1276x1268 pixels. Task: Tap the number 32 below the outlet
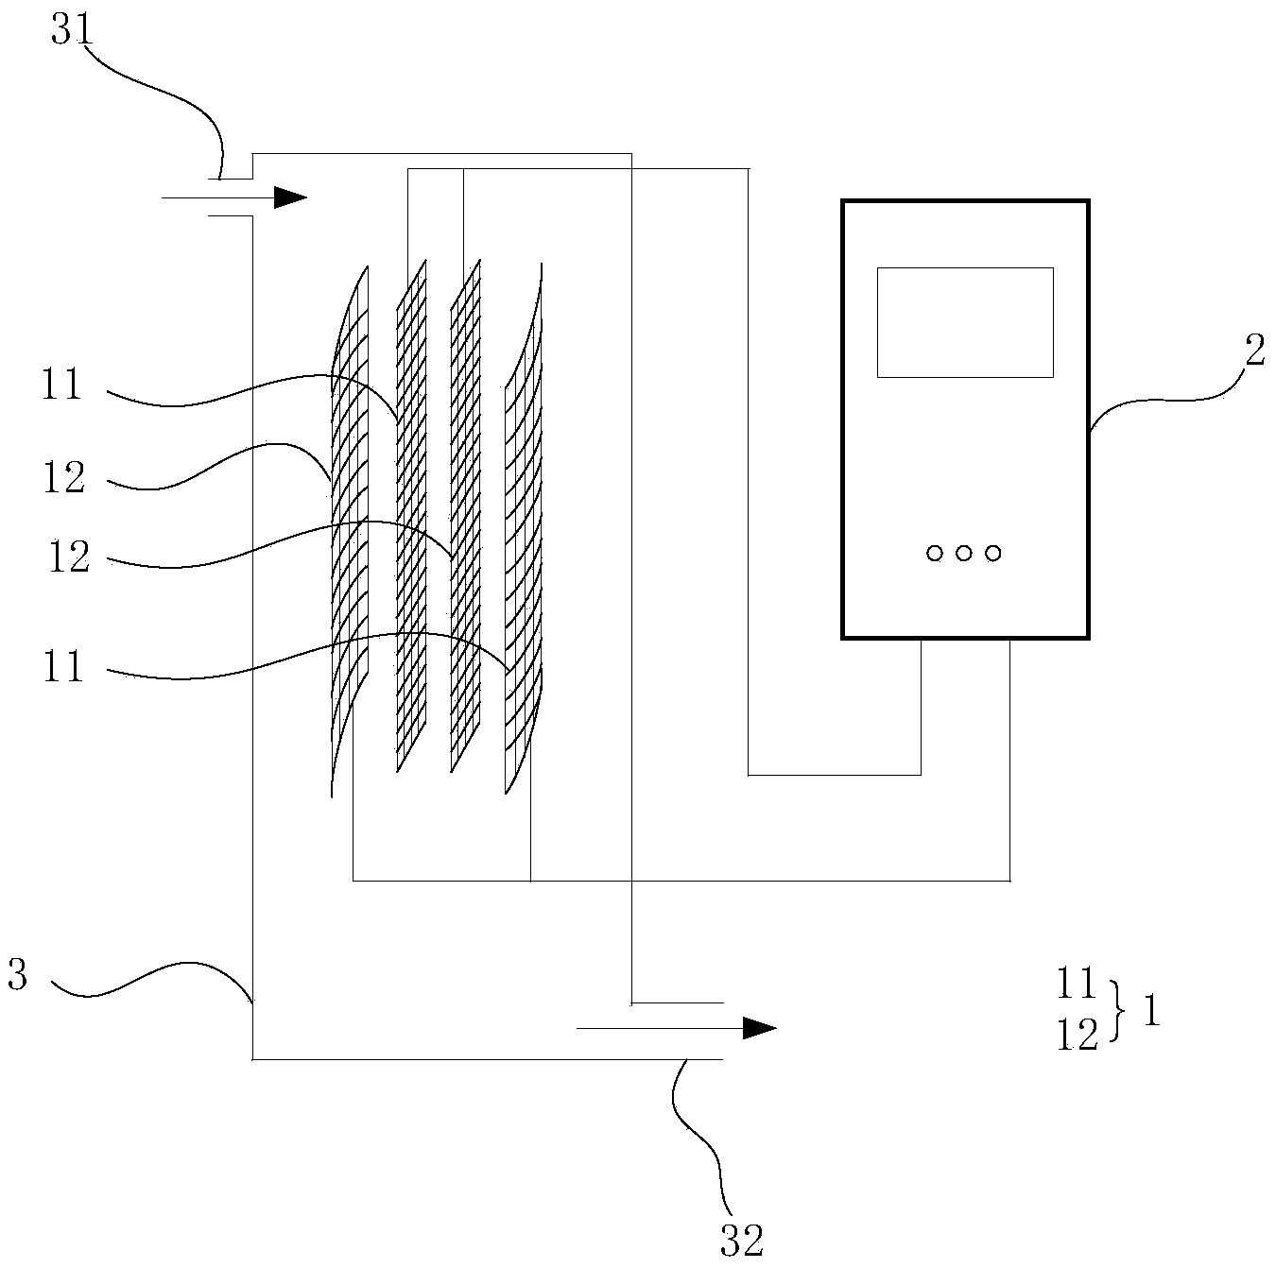741,1240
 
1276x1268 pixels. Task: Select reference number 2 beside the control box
1254,352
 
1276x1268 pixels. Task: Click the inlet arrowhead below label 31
290,197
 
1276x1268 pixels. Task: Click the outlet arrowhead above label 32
758,1028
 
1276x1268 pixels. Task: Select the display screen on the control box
965,322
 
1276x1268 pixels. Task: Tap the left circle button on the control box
935,554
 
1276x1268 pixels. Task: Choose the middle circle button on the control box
964,554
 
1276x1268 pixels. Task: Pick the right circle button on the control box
992,554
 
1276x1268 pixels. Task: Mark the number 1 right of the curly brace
1151,1013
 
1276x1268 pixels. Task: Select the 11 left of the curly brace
1077,985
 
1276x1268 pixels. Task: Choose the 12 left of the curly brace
1077,1037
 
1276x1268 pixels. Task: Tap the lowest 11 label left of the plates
62,668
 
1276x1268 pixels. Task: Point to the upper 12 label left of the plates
64,478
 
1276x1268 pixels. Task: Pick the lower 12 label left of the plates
68,557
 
